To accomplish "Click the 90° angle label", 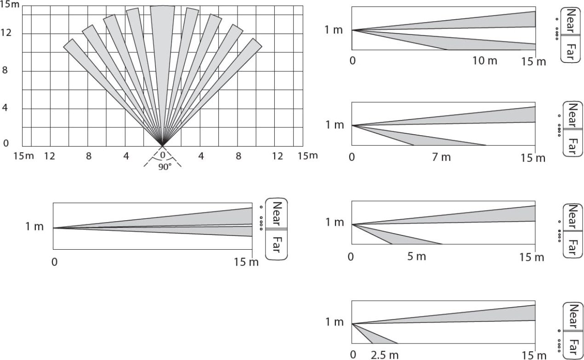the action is coord(165,166).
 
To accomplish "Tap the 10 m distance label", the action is coord(485,61).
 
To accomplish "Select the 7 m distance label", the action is coord(441,157).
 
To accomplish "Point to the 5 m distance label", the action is coord(417,257).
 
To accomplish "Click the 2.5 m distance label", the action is coord(385,355).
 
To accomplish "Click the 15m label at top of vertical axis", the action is coord(10,5).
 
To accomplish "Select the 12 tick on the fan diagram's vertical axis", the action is coord(6,33).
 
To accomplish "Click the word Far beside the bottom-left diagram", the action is coord(276,245).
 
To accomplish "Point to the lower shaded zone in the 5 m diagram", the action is coord(394,236).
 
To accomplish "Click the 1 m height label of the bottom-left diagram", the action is coord(34,226).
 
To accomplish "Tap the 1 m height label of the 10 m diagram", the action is coord(334,30).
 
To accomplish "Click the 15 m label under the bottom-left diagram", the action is coord(246,262).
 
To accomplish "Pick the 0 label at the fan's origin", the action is coord(163,155).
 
